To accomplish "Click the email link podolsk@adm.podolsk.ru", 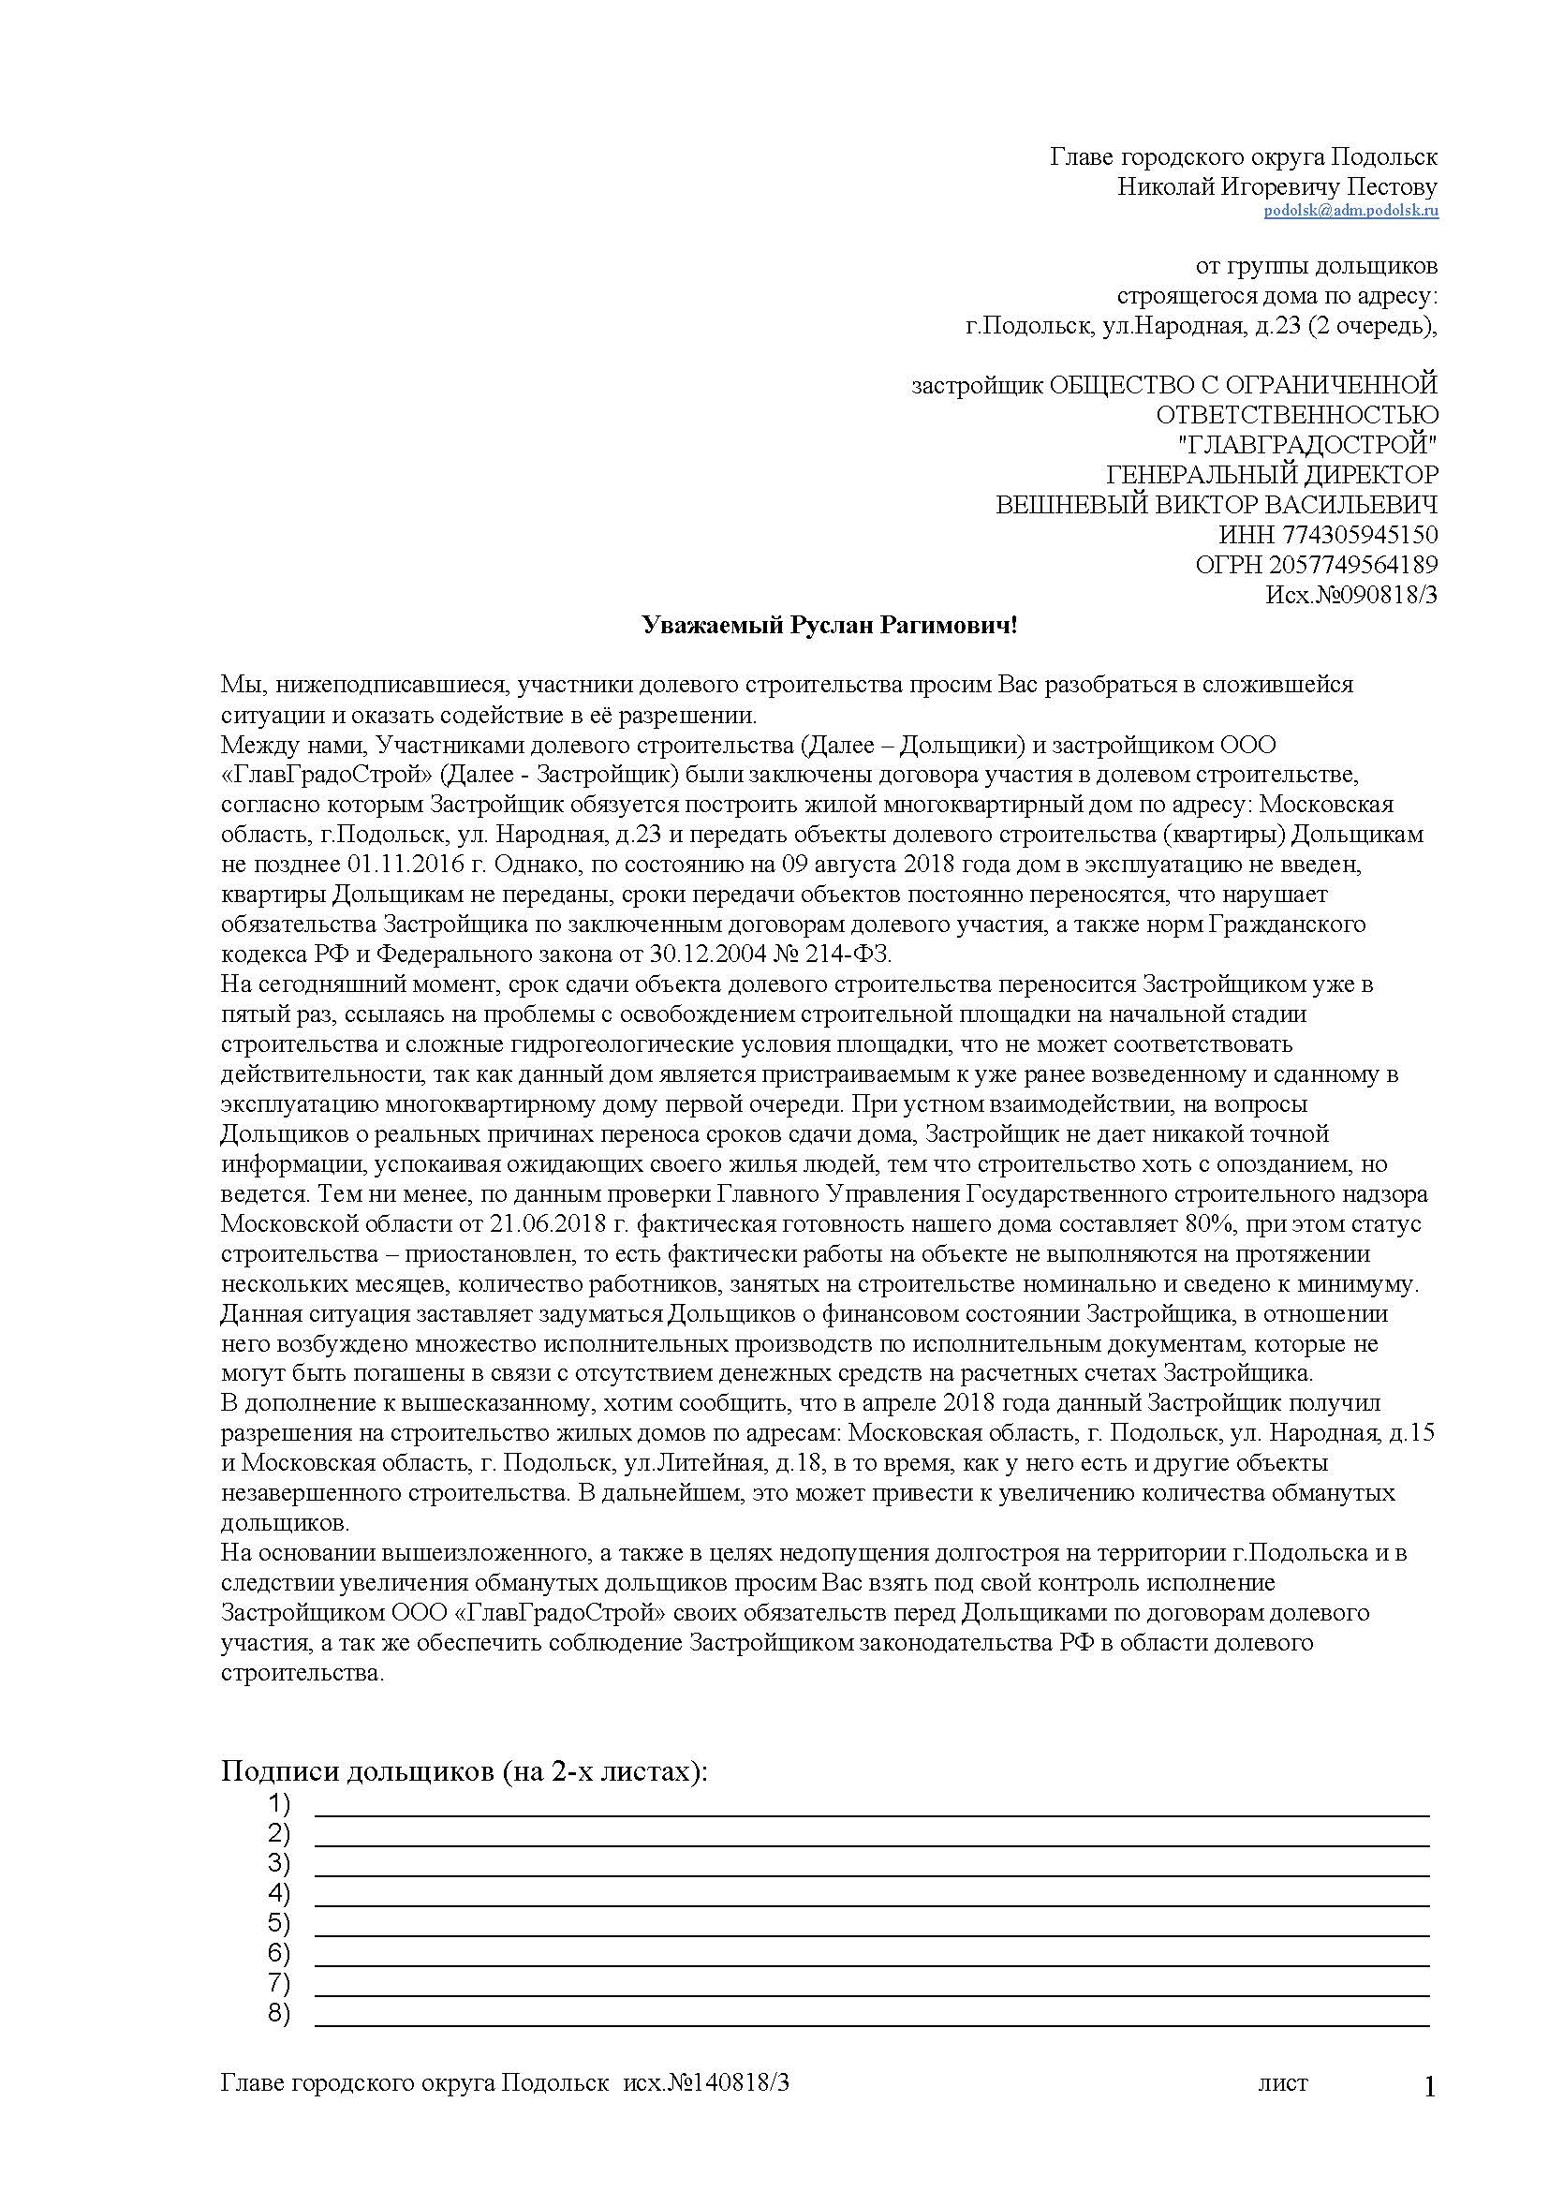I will coord(1350,212).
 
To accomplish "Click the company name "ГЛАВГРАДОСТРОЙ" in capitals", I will coord(1307,445).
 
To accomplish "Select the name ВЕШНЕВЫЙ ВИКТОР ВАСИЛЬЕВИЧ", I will coord(1217,505).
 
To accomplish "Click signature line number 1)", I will coord(871,1805).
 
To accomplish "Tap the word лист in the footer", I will coord(1283,2083).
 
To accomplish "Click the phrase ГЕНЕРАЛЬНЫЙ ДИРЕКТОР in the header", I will coord(1272,474).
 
